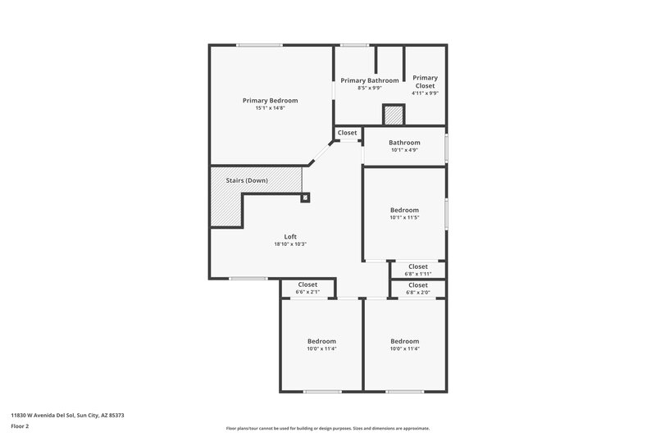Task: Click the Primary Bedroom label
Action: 270,100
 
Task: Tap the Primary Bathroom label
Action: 370,80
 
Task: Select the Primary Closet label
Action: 425,82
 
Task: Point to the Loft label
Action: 290,236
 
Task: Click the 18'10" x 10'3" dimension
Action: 290,244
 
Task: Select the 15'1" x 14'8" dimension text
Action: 270,108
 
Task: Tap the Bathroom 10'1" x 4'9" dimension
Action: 404,150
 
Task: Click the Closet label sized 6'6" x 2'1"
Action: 307,285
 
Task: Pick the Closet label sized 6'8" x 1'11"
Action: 417,266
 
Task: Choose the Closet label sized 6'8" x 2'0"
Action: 417,285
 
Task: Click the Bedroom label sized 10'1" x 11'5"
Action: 404,210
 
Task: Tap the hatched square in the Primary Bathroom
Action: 394,116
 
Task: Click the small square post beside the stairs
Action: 306,197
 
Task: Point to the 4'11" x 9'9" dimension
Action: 425,93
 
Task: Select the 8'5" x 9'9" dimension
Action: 370,89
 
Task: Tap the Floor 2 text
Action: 20,426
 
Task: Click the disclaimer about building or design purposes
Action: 327,428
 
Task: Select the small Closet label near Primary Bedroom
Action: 347,133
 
